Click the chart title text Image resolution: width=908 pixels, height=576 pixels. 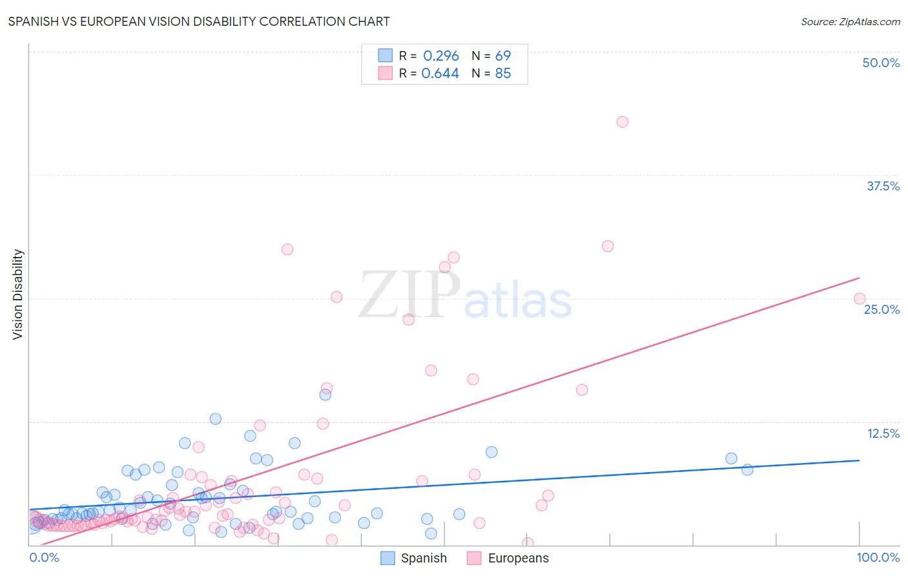point(199,21)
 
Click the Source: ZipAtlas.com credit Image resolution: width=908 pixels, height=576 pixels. point(850,21)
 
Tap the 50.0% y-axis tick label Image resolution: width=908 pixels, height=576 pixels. point(881,63)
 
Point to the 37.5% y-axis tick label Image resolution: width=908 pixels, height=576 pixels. point(883,186)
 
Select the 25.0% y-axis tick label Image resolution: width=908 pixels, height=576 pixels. point(882,309)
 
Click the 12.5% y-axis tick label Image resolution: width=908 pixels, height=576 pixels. point(883,433)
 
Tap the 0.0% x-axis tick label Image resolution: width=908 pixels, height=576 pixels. point(44,557)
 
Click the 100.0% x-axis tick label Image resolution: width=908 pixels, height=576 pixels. point(878,557)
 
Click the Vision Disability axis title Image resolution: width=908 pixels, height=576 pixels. point(18,294)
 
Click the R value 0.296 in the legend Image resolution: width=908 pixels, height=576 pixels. point(440,56)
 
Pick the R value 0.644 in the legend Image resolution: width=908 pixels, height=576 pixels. point(440,74)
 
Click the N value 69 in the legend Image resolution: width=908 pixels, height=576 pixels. point(502,56)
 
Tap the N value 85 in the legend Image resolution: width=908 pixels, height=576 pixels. point(502,74)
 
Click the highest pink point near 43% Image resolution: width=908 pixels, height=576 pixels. point(622,122)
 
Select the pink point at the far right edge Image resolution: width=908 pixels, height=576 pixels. point(859,298)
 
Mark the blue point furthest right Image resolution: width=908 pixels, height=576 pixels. point(747,469)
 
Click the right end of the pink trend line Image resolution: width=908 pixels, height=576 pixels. point(859,278)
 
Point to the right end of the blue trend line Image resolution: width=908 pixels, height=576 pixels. point(859,460)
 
